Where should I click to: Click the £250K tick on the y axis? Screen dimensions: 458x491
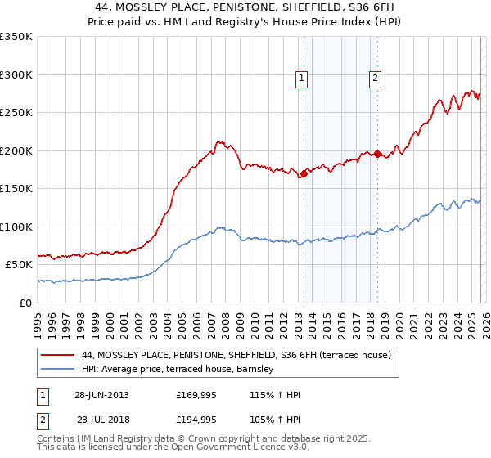[x=16, y=113]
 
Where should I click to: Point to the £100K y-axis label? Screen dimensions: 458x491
[x=16, y=227]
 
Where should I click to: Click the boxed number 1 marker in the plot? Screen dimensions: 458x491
[x=302, y=79]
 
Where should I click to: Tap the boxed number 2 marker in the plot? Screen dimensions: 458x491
[x=375, y=79]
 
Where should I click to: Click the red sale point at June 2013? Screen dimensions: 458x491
[x=304, y=173]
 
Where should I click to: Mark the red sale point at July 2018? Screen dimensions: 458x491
[x=377, y=154]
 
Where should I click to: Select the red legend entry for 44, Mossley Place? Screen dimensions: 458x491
[x=236, y=355]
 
